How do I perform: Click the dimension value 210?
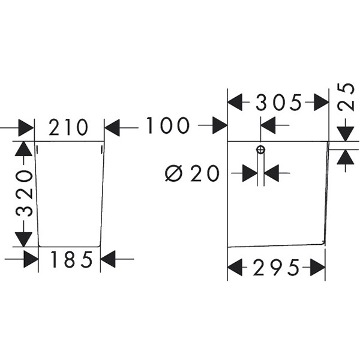tap(69, 127)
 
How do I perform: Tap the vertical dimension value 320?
tap(23, 193)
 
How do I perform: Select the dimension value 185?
tap(71, 260)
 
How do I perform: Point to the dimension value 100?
tap(167, 126)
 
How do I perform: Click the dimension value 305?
tap(278, 103)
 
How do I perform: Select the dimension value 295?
tap(277, 268)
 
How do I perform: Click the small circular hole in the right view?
tap(260, 149)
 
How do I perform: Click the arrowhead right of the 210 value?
tap(112, 127)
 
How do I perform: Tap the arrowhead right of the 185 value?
tap(109, 259)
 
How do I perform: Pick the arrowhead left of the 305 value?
tap(235, 103)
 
